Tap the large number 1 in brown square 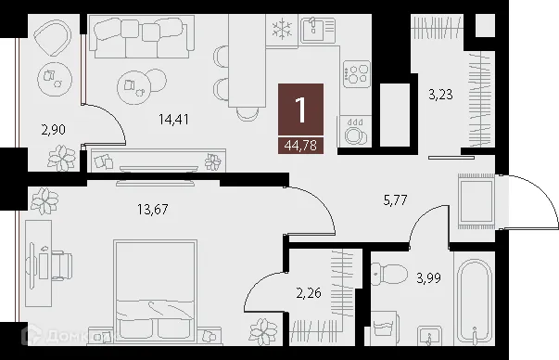pos(300,110)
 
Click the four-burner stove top pos(357,72)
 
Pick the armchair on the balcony pos(48,39)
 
